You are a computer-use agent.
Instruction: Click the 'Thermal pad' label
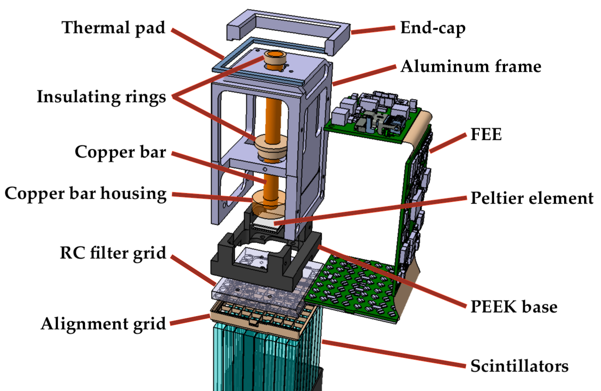click(x=114, y=28)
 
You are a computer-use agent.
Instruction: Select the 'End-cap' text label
click(x=433, y=28)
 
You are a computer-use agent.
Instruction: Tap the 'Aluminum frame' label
click(x=470, y=67)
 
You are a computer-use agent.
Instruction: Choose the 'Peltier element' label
click(x=532, y=198)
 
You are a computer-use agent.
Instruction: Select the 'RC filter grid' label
click(x=113, y=254)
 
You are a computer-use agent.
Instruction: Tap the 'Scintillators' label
click(x=519, y=367)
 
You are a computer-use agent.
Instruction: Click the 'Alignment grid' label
click(x=103, y=324)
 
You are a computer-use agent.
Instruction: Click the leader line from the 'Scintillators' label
click(x=392, y=354)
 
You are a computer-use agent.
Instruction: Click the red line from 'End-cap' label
click(x=372, y=30)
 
